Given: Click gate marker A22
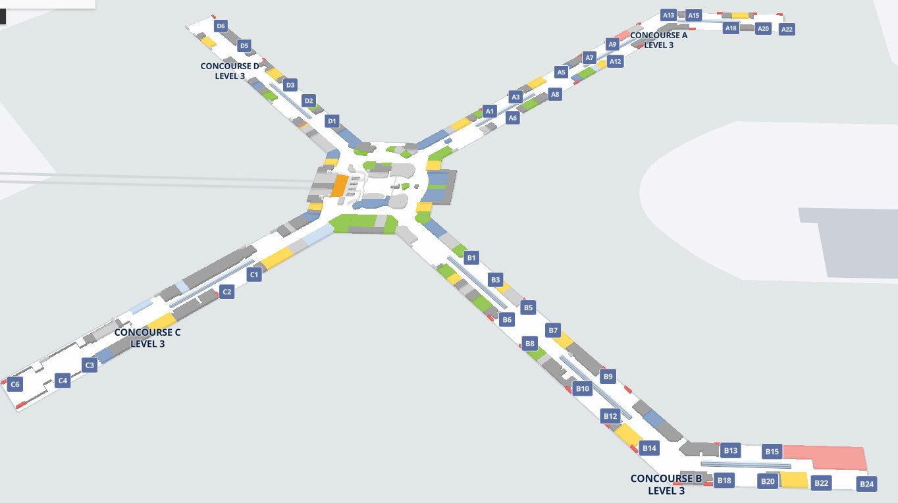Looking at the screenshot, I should click(787, 29).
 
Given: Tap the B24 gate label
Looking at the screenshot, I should click(867, 485).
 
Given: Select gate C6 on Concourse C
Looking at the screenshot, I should click(16, 384).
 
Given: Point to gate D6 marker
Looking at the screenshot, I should click(221, 26).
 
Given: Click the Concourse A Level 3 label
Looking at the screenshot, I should click(658, 40).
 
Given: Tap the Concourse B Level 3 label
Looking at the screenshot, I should click(666, 485).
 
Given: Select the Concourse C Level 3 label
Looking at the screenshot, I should click(147, 338).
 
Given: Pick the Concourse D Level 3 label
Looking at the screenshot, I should click(230, 71).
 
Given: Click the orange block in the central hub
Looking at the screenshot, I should click(340, 186).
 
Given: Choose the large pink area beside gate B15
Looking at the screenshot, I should click(826, 456).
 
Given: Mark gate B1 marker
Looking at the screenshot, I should click(471, 257).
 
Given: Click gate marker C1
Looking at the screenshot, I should click(254, 275).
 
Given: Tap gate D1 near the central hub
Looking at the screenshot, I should click(332, 121).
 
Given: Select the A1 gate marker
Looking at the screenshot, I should click(489, 111).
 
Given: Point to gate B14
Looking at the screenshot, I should click(649, 448).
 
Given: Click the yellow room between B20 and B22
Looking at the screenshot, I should click(794, 480).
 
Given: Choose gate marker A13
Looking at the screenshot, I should click(669, 15).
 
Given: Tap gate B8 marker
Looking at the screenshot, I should click(531, 343).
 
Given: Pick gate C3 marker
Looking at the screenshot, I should click(90, 365).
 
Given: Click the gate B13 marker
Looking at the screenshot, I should click(731, 451).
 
